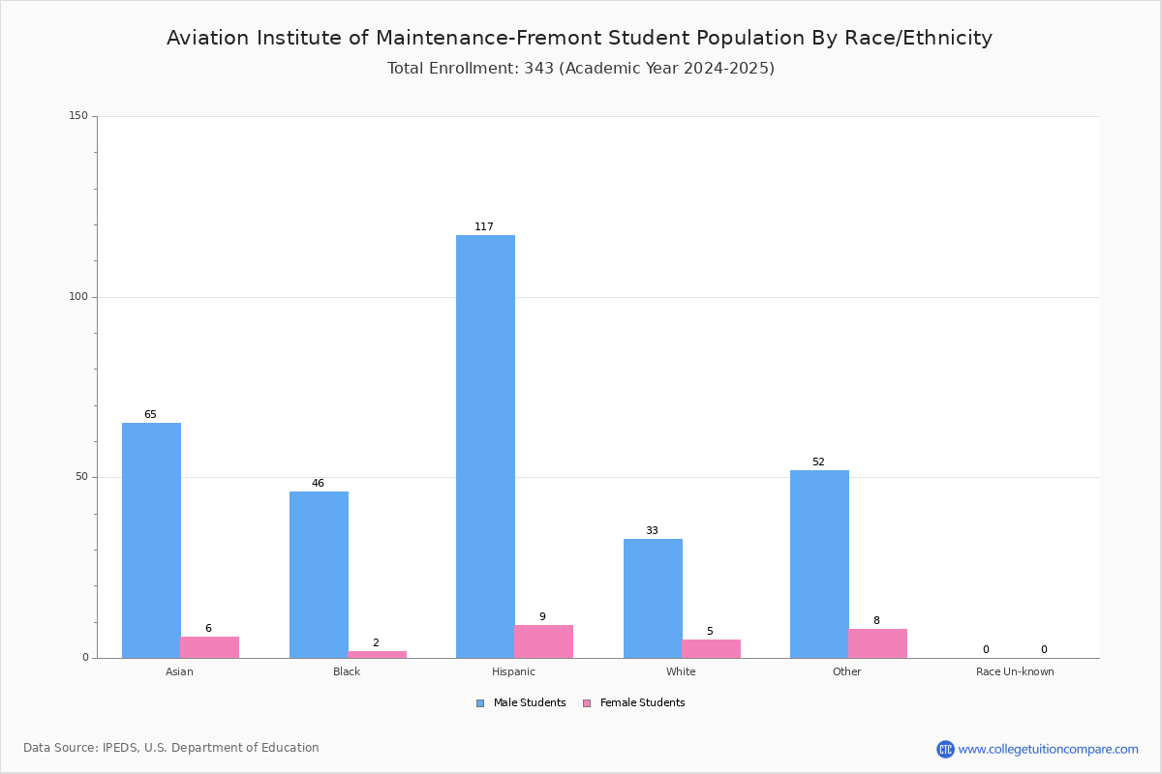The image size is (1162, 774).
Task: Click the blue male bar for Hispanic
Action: click(x=485, y=446)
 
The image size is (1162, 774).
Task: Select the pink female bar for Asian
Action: click(x=209, y=647)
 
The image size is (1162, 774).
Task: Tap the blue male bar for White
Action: click(x=653, y=599)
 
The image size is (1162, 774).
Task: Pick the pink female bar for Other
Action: click(x=877, y=644)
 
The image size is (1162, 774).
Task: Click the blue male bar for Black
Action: click(x=319, y=575)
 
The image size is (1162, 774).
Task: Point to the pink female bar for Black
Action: click(x=377, y=655)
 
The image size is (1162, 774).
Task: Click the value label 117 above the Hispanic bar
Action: click(x=484, y=226)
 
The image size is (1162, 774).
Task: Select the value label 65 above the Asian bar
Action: click(x=150, y=414)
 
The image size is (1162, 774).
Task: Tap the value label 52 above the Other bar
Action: click(x=818, y=461)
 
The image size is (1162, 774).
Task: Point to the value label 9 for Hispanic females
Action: click(x=542, y=616)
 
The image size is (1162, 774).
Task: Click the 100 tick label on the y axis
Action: click(x=78, y=296)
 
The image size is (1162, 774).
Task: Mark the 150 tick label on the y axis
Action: click(x=78, y=115)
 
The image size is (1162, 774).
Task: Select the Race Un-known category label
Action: click(x=1015, y=671)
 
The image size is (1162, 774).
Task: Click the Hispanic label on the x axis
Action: click(x=513, y=671)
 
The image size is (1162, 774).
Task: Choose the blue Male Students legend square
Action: click(x=480, y=703)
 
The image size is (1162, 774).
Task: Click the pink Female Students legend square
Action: click(x=587, y=703)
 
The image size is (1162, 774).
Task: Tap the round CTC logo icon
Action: click(x=945, y=749)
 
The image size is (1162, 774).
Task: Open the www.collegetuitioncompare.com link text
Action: click(x=1048, y=750)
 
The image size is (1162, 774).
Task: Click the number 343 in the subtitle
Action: click(x=539, y=69)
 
